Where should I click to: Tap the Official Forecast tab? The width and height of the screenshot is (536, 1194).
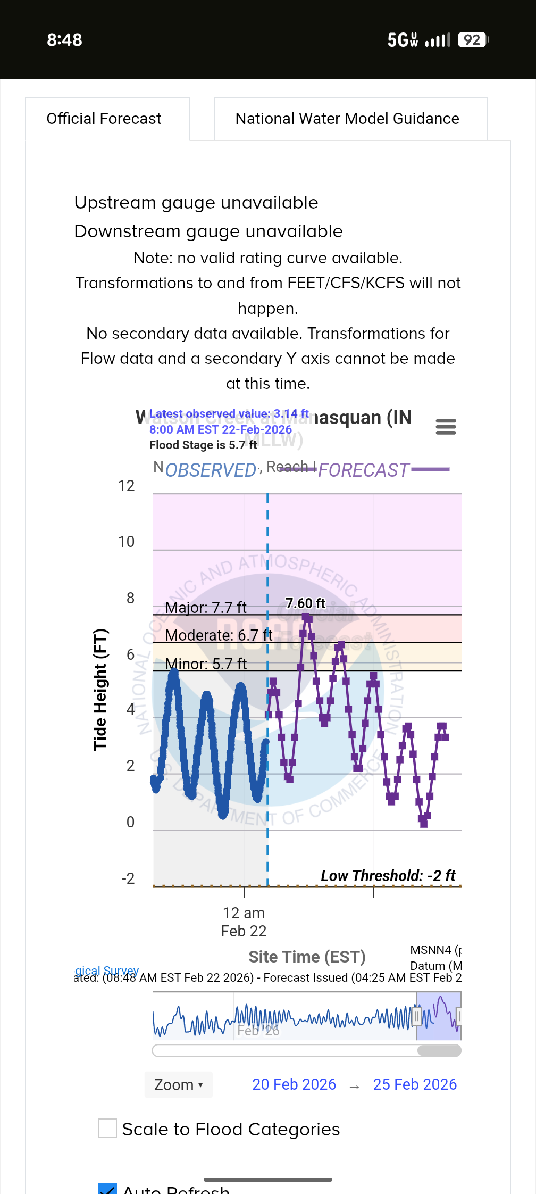tap(104, 119)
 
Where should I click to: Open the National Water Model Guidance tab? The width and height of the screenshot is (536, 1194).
tap(347, 119)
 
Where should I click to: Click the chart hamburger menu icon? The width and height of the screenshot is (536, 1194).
tap(446, 427)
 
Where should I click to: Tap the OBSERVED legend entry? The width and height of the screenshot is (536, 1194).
tap(211, 470)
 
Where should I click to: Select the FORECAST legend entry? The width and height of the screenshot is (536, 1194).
tap(364, 470)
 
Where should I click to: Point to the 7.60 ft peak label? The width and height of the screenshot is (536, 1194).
tap(305, 603)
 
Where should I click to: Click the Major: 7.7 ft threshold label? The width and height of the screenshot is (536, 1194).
tap(206, 608)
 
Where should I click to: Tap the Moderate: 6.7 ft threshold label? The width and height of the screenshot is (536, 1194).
tap(219, 635)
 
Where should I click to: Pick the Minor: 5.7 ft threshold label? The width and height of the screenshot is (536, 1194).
tap(206, 664)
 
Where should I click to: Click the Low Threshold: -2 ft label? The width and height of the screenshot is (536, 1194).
tap(388, 876)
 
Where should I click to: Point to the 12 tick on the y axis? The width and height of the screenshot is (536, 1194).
tap(127, 486)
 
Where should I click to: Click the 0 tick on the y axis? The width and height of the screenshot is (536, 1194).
tap(130, 822)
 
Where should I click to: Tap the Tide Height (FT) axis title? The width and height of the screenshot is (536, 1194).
tap(100, 690)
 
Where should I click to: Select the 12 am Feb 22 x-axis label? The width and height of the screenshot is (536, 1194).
tap(244, 922)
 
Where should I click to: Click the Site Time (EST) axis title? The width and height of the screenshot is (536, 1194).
tap(307, 957)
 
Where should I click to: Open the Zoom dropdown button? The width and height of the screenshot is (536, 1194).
tap(178, 1084)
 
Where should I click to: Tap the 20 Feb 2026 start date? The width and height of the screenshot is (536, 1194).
tap(294, 1084)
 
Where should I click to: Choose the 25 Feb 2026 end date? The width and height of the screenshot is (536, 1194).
tap(415, 1084)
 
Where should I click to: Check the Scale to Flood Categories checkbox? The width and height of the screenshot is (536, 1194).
tap(107, 1128)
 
